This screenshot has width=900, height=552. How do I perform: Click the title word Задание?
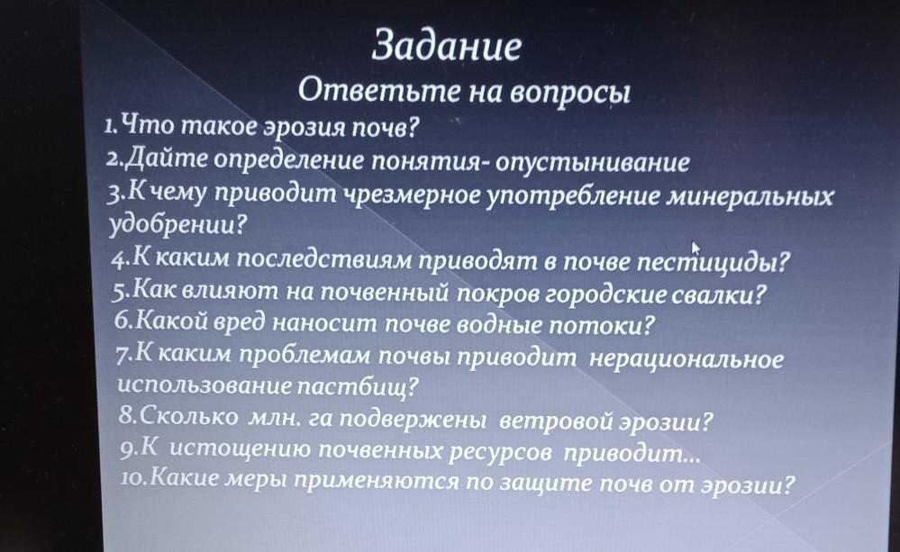(x=447, y=45)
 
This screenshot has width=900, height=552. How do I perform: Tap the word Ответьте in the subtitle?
(x=378, y=91)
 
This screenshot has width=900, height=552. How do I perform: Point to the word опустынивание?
(x=592, y=162)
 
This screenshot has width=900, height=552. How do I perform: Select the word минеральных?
(x=749, y=197)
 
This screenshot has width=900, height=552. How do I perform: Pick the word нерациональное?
(x=686, y=359)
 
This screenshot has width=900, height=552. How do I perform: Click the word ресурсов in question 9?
(x=499, y=453)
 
